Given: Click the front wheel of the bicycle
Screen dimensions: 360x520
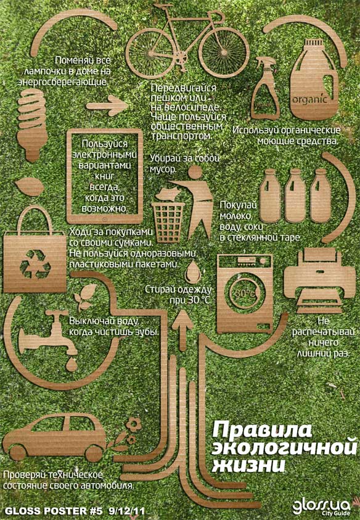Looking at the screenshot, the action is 224,52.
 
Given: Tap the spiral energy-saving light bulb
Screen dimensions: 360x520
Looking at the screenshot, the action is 31,125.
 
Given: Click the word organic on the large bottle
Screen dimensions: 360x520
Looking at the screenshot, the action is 309,99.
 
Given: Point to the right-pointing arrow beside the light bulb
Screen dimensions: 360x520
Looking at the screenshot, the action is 107,106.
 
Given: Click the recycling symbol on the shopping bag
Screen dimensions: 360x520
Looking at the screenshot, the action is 35,264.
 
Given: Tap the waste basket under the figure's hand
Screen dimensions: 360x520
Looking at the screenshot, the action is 168,222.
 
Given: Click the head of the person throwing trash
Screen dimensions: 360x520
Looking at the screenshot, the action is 195,173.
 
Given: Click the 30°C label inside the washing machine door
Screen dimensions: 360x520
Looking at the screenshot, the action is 245,293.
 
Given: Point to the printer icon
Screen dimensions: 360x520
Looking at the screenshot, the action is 319,281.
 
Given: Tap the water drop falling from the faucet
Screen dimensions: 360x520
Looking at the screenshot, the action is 71,365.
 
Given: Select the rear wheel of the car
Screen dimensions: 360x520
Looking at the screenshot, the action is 94,453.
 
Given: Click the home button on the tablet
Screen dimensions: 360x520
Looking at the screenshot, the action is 104,218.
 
